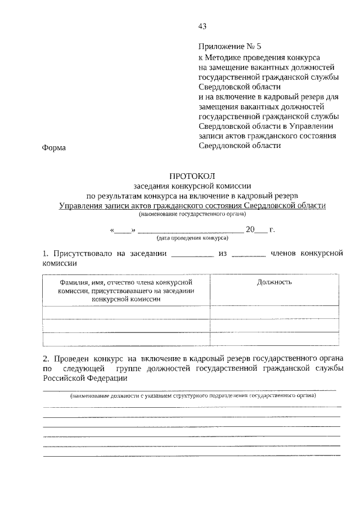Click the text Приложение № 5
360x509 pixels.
[226, 47]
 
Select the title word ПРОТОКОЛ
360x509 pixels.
[192, 177]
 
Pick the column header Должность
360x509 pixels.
[274, 282]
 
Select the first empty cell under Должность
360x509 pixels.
[274, 312]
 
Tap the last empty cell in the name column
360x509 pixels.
[127, 339]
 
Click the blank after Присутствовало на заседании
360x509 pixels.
[192, 254]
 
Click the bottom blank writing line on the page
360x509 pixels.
[192, 455]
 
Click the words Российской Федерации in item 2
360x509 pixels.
[85, 378]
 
